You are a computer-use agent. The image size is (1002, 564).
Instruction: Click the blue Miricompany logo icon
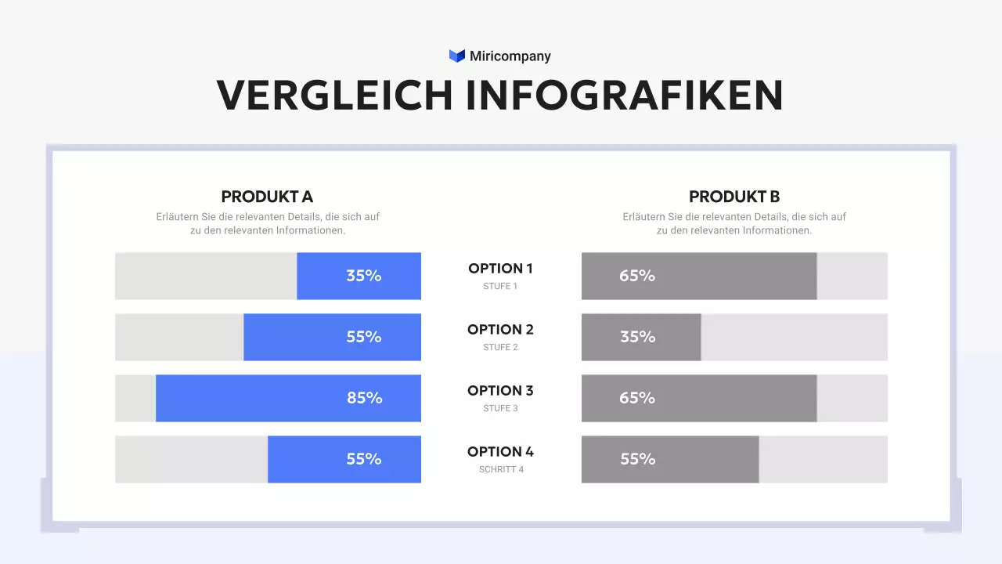click(457, 56)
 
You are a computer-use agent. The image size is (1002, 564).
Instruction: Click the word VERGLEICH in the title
click(335, 95)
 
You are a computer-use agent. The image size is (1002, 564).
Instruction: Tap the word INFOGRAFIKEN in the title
click(625, 95)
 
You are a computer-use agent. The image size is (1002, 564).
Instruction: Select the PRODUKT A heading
click(267, 197)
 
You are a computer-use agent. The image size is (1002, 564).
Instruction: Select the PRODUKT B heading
click(734, 197)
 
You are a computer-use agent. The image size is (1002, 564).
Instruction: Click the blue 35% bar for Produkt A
click(359, 276)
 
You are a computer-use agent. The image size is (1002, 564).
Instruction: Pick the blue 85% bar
click(288, 398)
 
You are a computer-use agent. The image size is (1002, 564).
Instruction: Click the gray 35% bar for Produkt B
click(641, 337)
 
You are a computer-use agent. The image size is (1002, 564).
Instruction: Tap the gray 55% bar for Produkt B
click(670, 459)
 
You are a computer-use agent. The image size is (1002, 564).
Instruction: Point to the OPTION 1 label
click(500, 268)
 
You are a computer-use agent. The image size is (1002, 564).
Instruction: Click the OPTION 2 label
click(500, 329)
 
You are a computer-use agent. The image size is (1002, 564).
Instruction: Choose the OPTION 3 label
click(500, 390)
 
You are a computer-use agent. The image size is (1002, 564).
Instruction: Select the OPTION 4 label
click(500, 451)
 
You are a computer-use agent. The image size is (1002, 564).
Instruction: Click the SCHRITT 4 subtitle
click(501, 469)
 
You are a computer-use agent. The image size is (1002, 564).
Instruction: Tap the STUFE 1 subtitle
click(500, 286)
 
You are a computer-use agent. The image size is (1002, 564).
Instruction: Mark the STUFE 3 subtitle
click(500, 408)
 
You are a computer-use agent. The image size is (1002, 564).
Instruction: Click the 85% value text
click(365, 398)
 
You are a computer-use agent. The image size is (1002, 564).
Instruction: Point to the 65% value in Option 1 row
click(637, 276)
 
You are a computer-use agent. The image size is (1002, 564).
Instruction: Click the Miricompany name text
click(510, 56)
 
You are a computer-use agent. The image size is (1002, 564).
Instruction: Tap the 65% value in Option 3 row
click(637, 398)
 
